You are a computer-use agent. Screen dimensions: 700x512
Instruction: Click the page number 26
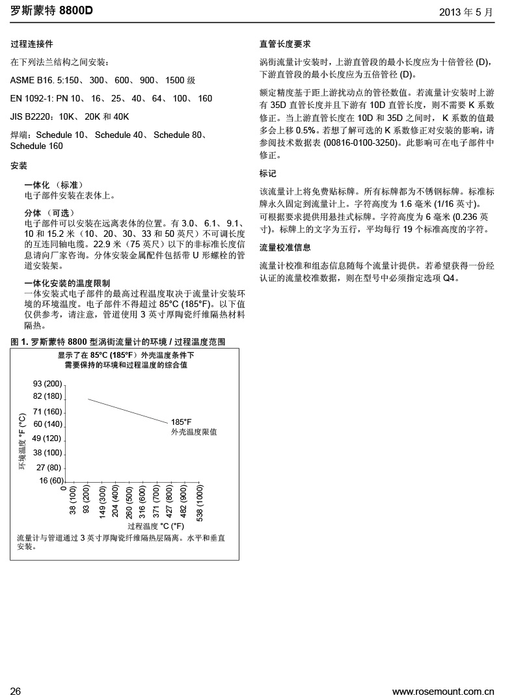[16, 691]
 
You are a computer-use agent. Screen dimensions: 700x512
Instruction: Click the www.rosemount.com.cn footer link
[443, 691]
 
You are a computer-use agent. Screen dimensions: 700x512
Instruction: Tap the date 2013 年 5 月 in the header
[466, 12]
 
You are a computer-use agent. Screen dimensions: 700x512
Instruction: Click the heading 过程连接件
[32, 44]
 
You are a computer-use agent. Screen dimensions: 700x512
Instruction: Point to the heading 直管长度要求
[285, 44]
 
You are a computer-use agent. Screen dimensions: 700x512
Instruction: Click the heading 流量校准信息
[285, 248]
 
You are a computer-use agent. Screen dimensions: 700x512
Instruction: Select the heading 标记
[268, 174]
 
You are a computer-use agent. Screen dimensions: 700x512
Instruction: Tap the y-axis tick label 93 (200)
[47, 383]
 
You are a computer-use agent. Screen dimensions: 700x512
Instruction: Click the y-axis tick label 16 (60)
[51, 481]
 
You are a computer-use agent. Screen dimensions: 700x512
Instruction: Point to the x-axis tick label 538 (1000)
[200, 504]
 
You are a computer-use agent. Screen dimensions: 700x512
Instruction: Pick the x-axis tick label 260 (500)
[128, 504]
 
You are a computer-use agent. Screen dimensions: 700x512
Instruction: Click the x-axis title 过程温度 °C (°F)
[155, 526]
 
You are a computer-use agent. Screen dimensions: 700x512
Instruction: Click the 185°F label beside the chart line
[182, 422]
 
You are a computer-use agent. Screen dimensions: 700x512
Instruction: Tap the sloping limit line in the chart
[128, 411]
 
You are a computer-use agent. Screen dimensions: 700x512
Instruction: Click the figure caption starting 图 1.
[118, 342]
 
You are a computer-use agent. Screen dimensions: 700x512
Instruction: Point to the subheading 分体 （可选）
[49, 213]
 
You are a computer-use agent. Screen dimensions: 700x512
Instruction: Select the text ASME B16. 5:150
[44, 80]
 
